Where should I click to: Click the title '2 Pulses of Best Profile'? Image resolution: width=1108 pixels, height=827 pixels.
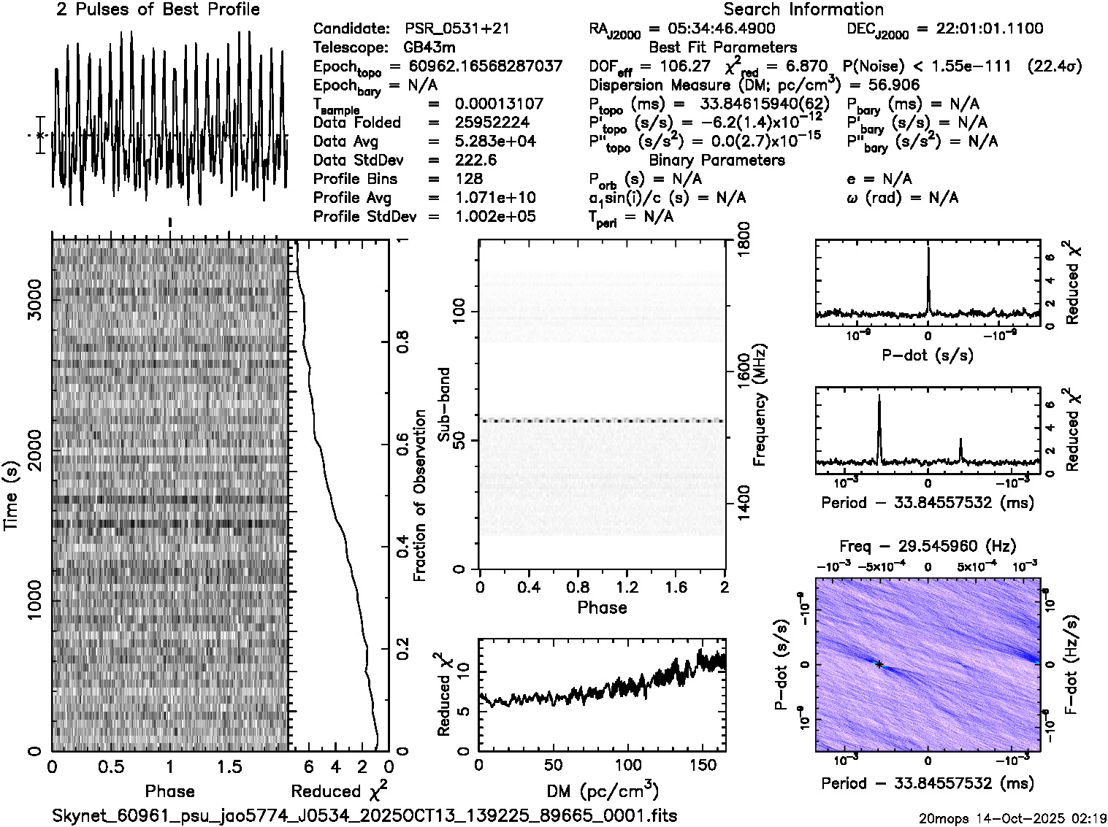[x=158, y=9]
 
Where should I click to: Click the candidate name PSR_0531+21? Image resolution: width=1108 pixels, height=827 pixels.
[x=457, y=28]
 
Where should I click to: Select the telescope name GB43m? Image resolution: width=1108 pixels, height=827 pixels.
[x=429, y=47]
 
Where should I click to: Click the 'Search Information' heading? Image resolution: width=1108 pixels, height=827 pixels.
[x=803, y=9]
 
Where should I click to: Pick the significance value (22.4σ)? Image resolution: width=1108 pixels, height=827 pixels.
[x=1054, y=66]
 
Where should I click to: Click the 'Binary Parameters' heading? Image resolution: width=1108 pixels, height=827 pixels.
[x=717, y=160]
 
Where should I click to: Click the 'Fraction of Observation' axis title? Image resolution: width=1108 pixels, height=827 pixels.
[x=419, y=496]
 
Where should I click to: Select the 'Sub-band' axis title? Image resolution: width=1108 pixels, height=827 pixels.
[x=443, y=404]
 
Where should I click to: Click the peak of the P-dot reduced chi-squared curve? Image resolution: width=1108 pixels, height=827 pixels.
[x=928, y=249]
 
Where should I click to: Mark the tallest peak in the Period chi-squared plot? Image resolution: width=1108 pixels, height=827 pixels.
[x=879, y=396]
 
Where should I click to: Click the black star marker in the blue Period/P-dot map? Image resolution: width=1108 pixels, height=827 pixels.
[x=880, y=664]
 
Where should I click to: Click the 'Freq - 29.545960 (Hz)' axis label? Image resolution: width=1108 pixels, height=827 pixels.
[x=928, y=546]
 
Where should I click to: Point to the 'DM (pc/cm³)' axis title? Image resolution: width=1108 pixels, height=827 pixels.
[x=603, y=791]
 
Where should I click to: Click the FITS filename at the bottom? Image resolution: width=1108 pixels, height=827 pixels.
[x=364, y=815]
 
